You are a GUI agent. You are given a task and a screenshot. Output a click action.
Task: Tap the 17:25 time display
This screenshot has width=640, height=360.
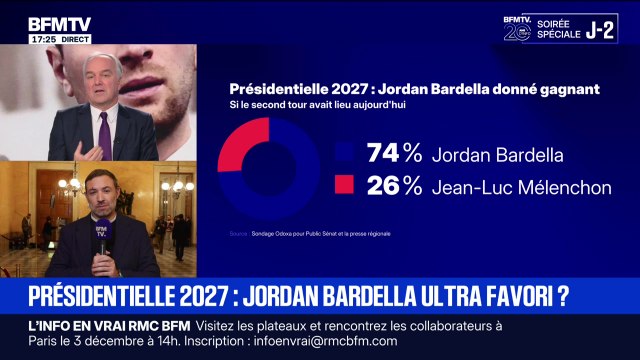42,39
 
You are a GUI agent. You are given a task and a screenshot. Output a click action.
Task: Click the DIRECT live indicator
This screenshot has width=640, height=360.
75,39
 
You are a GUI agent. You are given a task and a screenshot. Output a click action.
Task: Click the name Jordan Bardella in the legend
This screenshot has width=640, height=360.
484,155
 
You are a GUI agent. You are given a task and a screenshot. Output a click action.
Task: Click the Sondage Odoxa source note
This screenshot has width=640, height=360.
310,234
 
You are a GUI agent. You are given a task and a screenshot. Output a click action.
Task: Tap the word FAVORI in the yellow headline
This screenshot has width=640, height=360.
510,296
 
